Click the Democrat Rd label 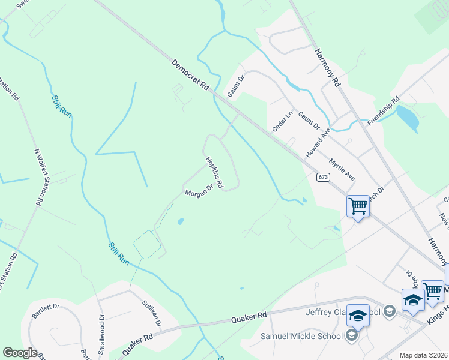[190, 75]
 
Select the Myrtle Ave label [342, 170]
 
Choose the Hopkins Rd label [214, 172]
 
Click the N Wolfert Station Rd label [41, 178]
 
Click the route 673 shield [322, 177]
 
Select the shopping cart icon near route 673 [358, 206]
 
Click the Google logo [19, 353]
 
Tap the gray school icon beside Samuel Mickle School [352, 335]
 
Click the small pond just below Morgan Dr [181, 221]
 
